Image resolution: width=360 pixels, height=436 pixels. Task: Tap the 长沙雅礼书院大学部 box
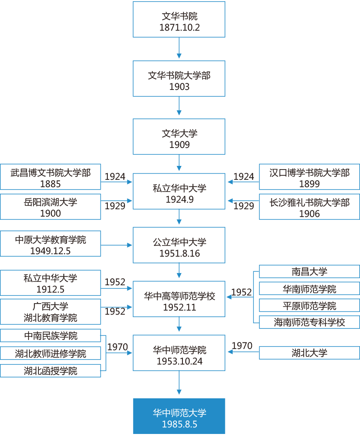tap(309, 207)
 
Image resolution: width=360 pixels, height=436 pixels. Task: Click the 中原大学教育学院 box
tap(50, 244)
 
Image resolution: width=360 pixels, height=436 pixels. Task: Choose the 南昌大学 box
tap(309, 272)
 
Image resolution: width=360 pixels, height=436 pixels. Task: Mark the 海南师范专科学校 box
tap(309, 322)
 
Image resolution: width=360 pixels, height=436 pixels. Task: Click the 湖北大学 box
tap(309, 353)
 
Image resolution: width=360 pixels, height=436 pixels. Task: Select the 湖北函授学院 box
tap(50, 371)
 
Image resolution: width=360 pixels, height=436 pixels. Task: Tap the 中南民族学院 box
tap(50, 336)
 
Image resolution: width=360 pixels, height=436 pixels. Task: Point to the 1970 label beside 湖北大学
tap(242, 346)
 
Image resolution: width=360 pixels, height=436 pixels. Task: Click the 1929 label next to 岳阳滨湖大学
tap(115, 206)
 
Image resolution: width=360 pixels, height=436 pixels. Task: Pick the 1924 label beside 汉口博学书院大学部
tap(244, 177)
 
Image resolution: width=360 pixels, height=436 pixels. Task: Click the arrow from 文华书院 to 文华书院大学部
tap(179, 49)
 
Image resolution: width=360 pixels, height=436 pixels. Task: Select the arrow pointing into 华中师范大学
tap(179, 384)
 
